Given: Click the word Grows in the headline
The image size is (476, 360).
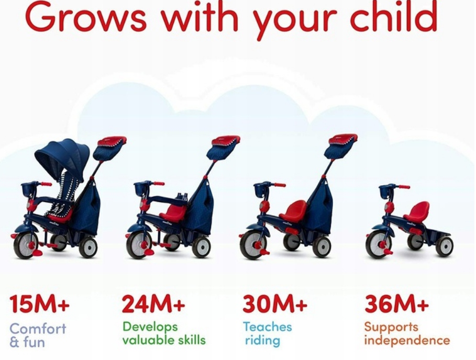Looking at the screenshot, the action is pos(86,16).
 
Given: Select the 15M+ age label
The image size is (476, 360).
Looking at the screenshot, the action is pos(39,303).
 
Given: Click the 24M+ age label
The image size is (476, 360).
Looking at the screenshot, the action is pos(153,303).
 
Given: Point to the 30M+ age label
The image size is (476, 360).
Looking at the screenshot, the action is pos(275,303).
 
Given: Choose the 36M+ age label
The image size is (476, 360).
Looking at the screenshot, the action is pos(397,303).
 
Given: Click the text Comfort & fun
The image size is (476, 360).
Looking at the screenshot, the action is pos(38,335).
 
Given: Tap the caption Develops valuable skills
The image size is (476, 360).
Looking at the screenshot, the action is pos(164,333).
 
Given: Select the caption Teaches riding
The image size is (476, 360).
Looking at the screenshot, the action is pos(268,333).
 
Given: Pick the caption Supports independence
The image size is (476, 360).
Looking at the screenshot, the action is pos(407,333).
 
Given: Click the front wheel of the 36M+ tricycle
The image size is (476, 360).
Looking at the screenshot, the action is pos(379,244).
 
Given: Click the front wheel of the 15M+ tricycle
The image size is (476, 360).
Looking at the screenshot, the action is pos(26,244).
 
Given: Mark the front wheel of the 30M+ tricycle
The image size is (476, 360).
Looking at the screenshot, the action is pos(253,244).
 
